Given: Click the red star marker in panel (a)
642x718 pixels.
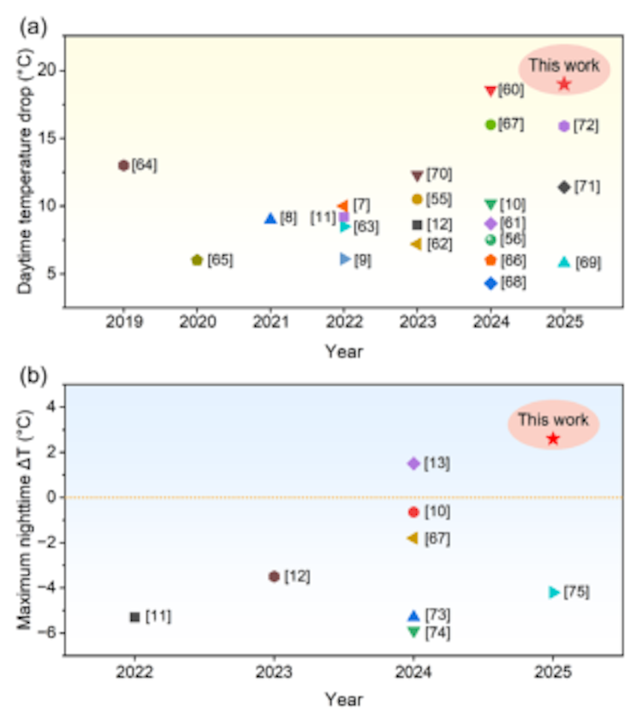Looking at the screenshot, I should (564, 84).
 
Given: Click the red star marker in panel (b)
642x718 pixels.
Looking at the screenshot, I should (553, 439).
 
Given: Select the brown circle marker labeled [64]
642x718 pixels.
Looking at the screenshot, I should (123, 165).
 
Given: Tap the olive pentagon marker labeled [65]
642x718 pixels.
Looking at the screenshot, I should (197, 260).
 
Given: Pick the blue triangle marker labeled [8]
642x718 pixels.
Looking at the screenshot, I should (270, 218).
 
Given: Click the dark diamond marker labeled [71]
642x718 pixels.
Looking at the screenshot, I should (564, 187).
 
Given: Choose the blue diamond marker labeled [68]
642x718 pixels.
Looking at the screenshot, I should (490, 283).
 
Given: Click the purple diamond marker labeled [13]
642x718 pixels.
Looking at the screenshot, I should (413, 463).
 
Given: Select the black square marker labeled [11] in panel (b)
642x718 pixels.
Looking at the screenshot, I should (134, 617).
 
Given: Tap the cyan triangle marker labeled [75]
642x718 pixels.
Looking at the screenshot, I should (554, 592).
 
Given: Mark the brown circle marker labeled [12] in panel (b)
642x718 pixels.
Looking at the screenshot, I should (274, 576).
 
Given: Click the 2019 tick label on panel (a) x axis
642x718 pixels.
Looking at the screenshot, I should (123, 323).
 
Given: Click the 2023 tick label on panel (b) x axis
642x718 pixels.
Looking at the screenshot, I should (274, 673).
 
